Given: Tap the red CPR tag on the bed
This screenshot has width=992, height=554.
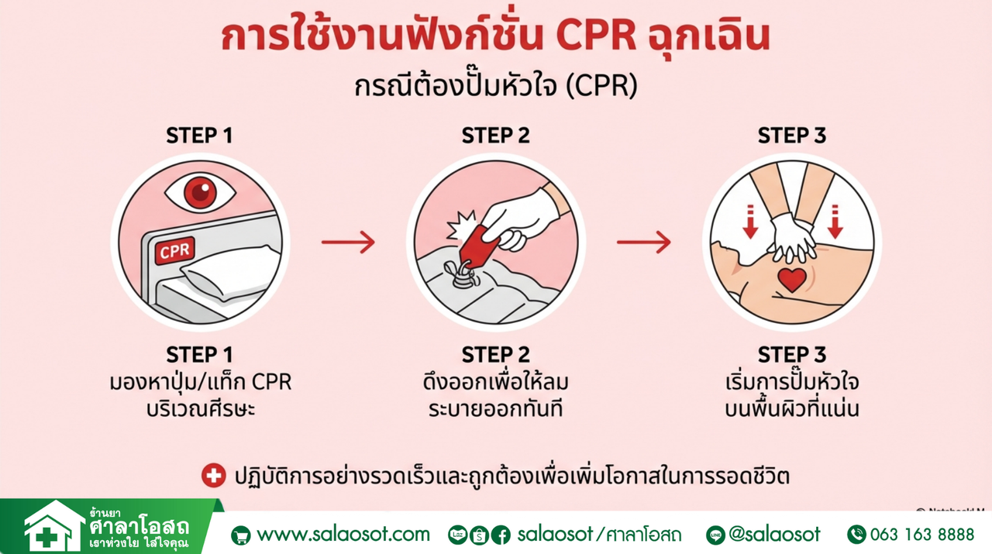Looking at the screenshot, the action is pos(175,251).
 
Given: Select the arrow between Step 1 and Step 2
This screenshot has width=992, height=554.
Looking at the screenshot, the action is pos(348,243).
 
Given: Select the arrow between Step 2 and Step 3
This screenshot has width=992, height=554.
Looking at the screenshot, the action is pos(643,243).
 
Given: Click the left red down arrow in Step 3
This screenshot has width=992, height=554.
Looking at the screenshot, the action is pos(749,220).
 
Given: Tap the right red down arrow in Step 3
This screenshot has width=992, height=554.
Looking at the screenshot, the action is pos(835,220).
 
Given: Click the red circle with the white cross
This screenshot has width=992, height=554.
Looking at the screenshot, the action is pos(213,475).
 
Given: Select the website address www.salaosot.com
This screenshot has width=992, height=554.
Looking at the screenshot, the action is pos(343,534).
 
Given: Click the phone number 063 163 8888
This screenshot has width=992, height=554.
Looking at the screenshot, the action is pos(921,534).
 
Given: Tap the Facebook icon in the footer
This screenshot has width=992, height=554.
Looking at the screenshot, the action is pos(501,535).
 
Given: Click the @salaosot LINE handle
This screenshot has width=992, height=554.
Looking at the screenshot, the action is pos(774,534).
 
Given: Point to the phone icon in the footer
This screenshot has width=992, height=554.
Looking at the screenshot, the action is pos(856,534).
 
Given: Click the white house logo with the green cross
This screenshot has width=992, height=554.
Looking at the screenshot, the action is pos(52,528).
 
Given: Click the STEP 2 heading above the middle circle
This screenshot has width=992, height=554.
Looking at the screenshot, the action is pos(496,136).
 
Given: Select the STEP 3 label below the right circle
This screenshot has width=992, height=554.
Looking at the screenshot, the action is pos(791,356).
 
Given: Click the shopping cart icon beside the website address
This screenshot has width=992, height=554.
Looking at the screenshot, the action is pos(241,535).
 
